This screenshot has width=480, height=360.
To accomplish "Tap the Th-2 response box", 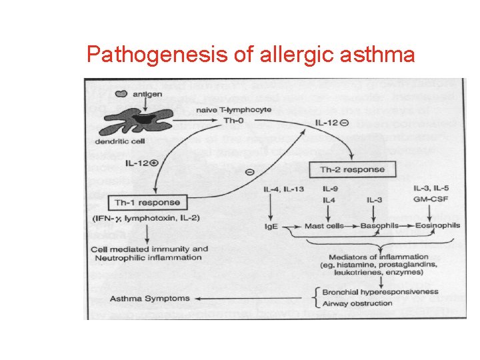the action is pos(352,169).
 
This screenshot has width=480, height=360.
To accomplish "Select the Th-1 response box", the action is pos(146,202).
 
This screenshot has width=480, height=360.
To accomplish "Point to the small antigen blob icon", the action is pos(122,95).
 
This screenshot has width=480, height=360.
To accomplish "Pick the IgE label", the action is pos(271,227).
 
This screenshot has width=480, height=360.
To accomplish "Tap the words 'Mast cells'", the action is pos(324,226).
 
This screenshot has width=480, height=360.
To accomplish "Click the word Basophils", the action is pos(379,226).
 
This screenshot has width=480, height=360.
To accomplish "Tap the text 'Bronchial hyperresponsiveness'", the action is pos(380,292).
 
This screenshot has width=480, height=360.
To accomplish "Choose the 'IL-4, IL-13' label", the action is pos(285,189).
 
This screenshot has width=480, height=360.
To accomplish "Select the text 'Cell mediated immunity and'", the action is pos(149,249).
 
